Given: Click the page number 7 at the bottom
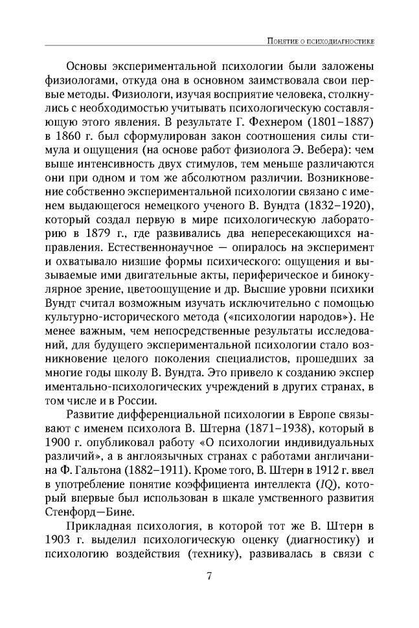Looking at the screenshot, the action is click(x=209, y=577).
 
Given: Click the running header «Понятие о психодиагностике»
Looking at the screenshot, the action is click(x=324, y=42).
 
